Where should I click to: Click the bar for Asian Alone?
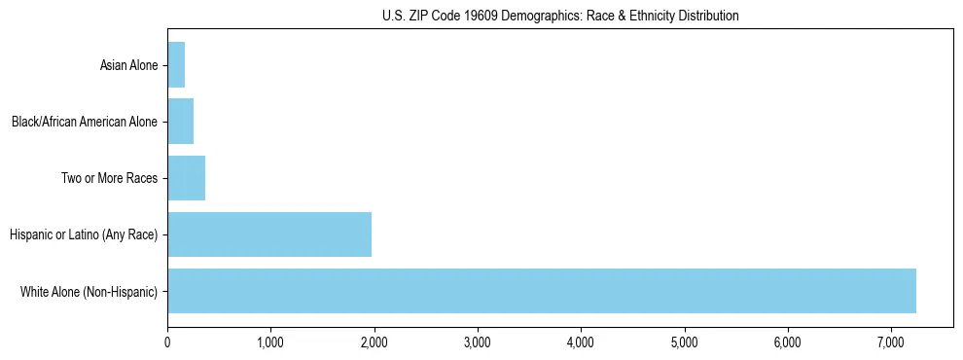click(176, 65)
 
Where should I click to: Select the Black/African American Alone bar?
click(181, 122)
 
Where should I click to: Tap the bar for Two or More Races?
click(186, 178)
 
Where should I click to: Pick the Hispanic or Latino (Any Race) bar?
click(269, 234)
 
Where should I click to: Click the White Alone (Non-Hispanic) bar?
click(542, 291)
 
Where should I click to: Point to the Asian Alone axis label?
click(128, 66)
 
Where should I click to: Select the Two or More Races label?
click(109, 179)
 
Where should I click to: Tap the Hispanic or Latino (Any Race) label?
click(84, 234)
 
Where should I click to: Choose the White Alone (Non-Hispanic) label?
click(89, 291)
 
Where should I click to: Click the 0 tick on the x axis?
click(167, 342)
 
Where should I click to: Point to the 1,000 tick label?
click(270, 342)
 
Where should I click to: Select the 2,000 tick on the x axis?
click(374, 342)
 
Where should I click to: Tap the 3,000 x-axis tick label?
click(478, 342)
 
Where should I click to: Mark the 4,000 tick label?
click(581, 342)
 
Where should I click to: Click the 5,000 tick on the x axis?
click(685, 342)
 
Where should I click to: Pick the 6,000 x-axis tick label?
click(788, 342)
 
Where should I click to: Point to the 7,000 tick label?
click(891, 342)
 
